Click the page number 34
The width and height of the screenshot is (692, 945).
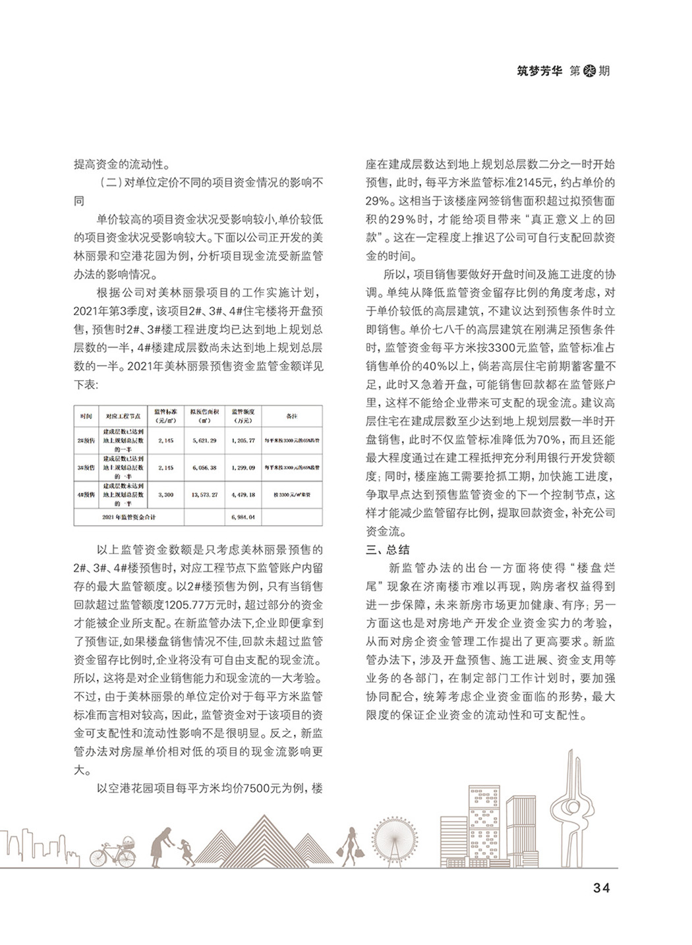(x=601, y=888)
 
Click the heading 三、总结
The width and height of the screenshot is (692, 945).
(x=388, y=550)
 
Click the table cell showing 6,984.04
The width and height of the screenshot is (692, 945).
(x=243, y=517)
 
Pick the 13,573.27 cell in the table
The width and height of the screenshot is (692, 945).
(x=204, y=494)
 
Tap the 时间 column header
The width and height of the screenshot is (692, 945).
(x=86, y=416)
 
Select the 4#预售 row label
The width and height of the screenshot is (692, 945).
(x=86, y=494)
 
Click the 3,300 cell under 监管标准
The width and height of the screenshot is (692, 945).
(x=165, y=494)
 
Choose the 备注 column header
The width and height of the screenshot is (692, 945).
(x=291, y=416)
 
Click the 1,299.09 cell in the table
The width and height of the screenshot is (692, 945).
(x=243, y=467)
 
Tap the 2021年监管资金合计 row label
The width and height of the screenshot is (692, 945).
(x=129, y=517)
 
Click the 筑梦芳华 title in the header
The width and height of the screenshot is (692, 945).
(x=540, y=71)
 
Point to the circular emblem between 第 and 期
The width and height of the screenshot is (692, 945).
(x=589, y=71)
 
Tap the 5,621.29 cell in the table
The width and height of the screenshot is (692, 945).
(x=204, y=440)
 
